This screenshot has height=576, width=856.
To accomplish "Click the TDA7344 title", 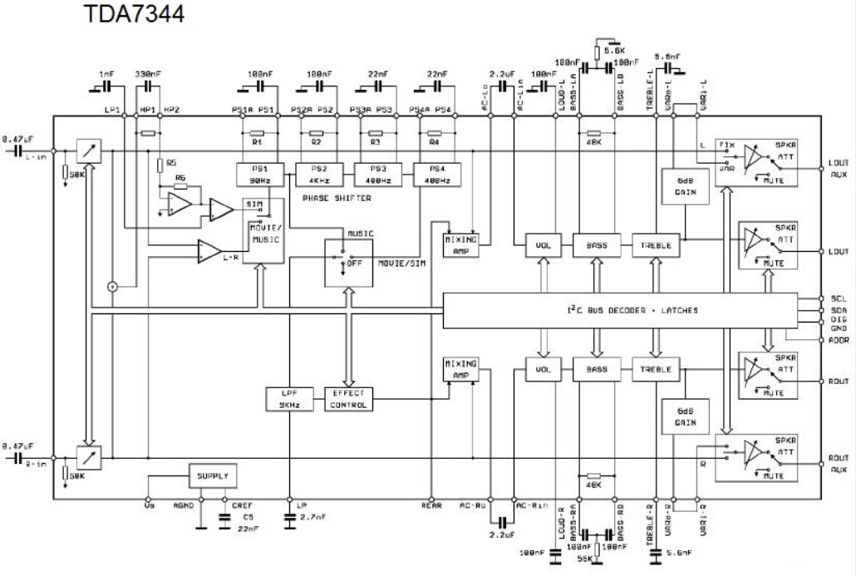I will coord(134,14).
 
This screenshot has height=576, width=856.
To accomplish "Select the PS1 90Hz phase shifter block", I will coord(260,174).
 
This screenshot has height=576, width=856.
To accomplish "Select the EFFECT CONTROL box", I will coord(348,400).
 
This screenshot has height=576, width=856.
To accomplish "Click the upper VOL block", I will coord(542,245).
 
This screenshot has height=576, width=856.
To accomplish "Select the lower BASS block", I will coord(596,369).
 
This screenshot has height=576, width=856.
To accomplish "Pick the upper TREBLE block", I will coord(657,245).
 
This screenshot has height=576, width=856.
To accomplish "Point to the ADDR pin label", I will coord(839,340).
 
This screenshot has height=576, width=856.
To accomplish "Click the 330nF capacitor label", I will coord(148,73).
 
